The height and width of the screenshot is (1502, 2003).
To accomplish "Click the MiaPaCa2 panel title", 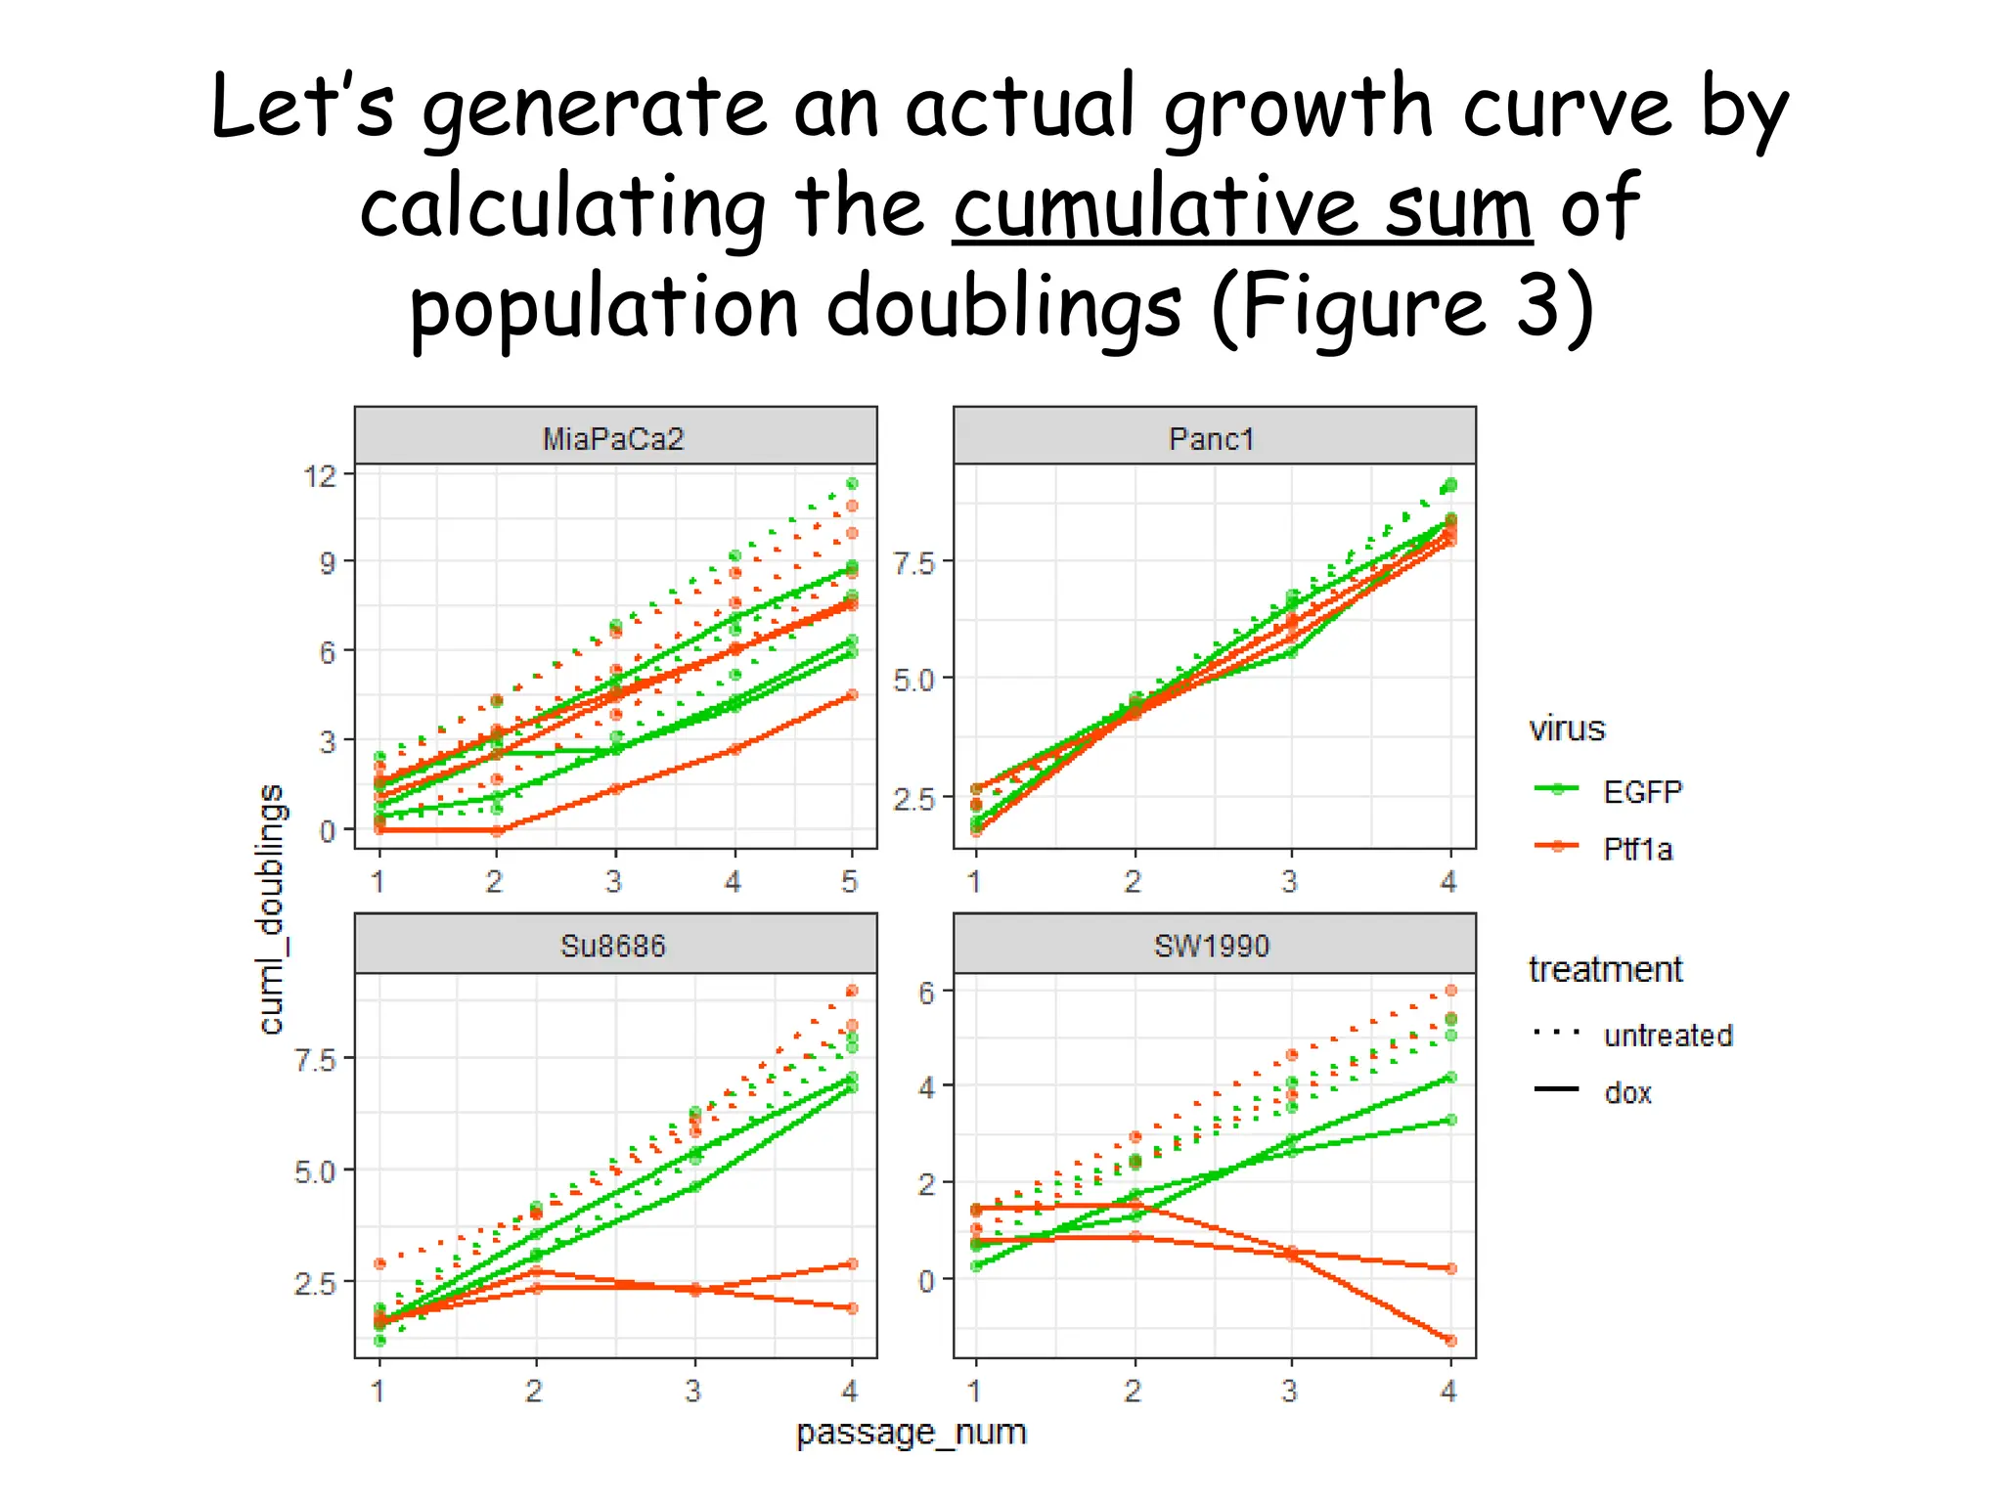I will [x=613, y=438].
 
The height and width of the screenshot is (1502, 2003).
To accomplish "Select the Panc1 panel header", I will [x=1212, y=438].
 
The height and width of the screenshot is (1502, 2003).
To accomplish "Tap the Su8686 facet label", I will [x=613, y=946].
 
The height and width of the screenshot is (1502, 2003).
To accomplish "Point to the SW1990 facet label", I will [x=1212, y=946].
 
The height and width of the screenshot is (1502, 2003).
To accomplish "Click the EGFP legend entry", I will [x=1641, y=791].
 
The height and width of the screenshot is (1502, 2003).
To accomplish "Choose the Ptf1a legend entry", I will [x=1637, y=849].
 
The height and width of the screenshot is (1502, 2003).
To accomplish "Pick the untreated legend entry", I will [x=1668, y=1035].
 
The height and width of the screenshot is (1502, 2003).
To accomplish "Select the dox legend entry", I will [x=1627, y=1092].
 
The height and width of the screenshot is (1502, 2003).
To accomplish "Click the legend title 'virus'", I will [x=1567, y=729].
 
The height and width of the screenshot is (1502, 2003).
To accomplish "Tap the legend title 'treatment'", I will [x=1605, y=969].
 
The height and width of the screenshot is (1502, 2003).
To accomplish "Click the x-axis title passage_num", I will [x=911, y=1433].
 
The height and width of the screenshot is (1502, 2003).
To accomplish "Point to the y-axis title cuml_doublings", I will [x=271, y=908].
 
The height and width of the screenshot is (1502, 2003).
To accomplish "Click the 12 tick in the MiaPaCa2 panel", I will [x=321, y=476].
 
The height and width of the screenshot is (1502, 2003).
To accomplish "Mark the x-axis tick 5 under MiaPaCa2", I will [x=850, y=882].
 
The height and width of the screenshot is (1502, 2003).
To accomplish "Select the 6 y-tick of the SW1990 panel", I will [x=926, y=993].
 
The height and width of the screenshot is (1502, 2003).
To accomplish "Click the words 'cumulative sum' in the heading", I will [x=1242, y=207].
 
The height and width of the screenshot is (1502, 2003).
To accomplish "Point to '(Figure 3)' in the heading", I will [x=1402, y=307].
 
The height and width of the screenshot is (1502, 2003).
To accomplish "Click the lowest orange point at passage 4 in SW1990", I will [x=1450, y=1341].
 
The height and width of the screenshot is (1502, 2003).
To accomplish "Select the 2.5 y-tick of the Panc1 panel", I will [x=913, y=798].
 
